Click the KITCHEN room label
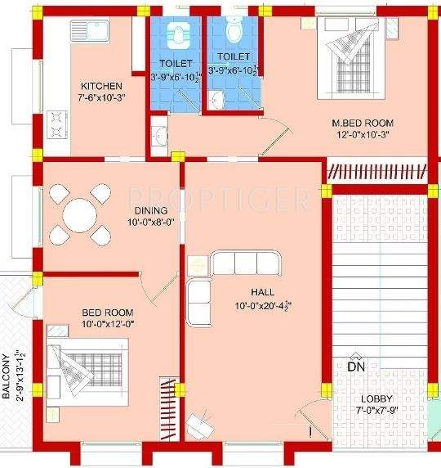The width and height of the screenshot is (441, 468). (101, 86)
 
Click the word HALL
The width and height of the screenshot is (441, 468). (263, 293)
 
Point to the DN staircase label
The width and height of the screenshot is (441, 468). (356, 367)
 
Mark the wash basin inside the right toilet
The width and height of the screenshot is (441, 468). (215, 100)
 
